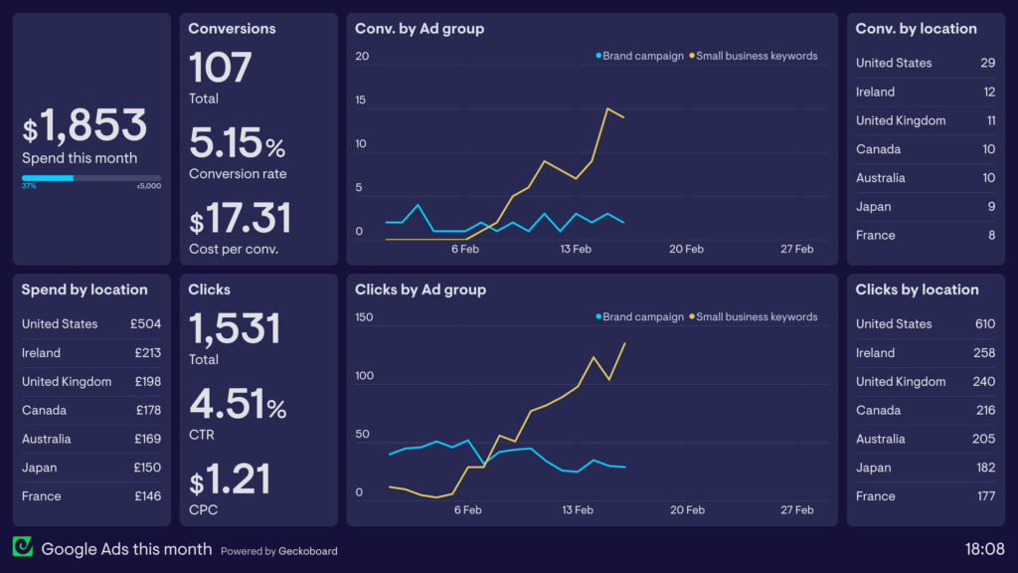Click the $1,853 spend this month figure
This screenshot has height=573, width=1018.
[85, 126]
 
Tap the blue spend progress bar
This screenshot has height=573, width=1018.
[48, 178]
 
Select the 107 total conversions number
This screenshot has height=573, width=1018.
[220, 68]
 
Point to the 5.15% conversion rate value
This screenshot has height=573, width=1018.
[237, 143]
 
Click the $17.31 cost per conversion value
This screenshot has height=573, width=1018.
[240, 218]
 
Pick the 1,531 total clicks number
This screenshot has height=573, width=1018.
[235, 328]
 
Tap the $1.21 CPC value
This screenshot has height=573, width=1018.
[230, 479]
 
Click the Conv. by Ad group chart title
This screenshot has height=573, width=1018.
[420, 29]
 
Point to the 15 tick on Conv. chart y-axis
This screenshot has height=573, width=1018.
[362, 100]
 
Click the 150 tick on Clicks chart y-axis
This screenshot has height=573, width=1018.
[364, 317]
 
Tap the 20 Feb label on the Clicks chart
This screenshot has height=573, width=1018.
[687, 510]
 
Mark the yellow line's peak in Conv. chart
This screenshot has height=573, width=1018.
[607, 108]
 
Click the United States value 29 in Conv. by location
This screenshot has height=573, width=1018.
[986, 63]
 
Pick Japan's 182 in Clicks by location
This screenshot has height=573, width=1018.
[984, 468]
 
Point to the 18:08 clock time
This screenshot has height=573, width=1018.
[983, 548]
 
